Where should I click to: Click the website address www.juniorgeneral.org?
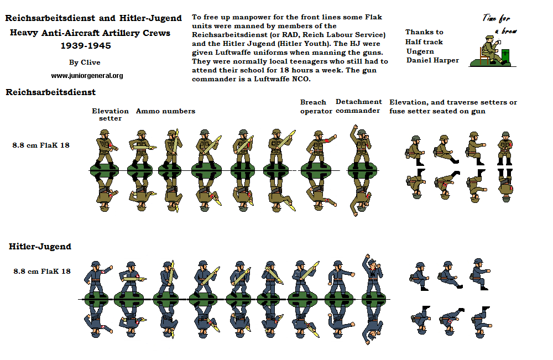87,76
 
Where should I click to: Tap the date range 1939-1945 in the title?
90,46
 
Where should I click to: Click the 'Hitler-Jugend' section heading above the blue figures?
40,247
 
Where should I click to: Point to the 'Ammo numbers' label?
165,111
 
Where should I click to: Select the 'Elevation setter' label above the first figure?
110,114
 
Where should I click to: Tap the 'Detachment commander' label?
358,106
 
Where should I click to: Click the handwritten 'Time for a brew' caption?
498,25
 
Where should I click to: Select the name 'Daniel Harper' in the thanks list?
432,60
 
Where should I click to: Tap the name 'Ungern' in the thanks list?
420,51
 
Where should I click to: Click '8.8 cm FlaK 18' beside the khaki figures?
41,145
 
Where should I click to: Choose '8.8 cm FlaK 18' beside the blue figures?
42,271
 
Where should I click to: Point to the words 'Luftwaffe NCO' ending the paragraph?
284,79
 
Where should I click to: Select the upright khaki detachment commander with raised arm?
360,147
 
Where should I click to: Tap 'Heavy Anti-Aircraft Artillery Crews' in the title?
90,33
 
